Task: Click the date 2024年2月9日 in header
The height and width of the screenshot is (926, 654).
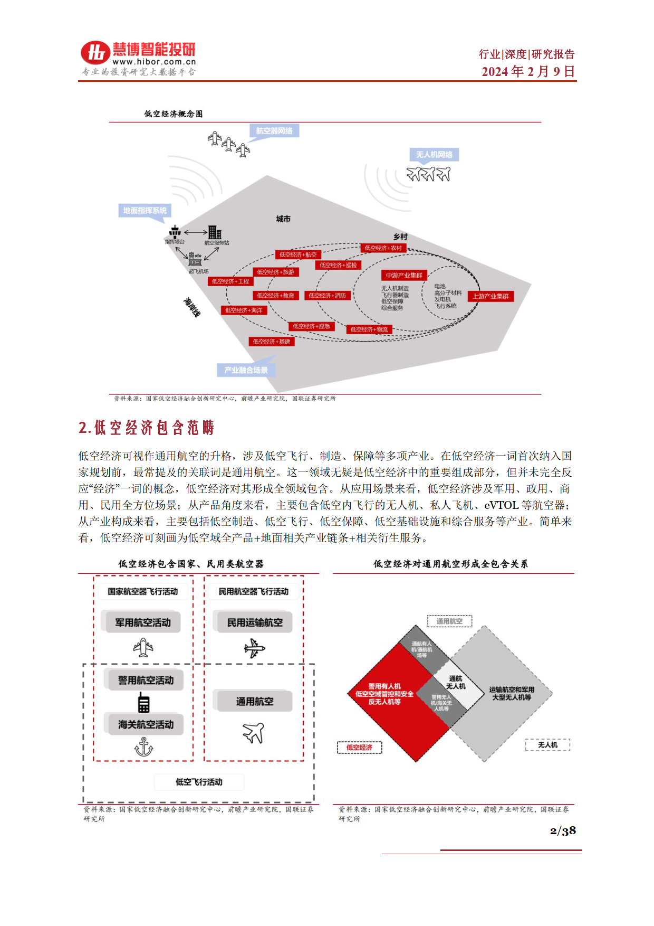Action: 528,71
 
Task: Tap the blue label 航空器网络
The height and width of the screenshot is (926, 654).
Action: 274,131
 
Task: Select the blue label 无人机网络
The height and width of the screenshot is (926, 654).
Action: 434,155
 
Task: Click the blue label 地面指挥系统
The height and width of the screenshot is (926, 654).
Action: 145,211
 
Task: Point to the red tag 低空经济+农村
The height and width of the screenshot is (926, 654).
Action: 383,248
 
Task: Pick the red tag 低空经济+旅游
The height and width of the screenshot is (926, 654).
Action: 276,272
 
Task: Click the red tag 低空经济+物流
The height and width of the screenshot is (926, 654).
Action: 369,329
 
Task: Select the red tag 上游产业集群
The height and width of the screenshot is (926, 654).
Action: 491,297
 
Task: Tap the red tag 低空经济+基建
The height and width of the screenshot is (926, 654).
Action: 271,342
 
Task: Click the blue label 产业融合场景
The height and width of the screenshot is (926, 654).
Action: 246,370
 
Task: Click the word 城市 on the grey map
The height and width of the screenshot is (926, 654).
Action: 283,219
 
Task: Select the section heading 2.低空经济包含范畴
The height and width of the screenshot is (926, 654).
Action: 146,428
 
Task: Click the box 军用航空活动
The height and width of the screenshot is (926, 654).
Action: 143,622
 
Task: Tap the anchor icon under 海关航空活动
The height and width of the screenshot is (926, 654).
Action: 143,748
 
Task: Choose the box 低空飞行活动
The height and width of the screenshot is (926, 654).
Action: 199,782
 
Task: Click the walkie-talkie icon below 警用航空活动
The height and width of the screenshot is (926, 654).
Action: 143,703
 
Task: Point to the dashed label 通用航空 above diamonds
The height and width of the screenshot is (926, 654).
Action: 449,621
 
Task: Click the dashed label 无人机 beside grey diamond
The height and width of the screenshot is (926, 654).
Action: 547,745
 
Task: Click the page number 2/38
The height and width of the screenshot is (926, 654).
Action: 563,831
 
